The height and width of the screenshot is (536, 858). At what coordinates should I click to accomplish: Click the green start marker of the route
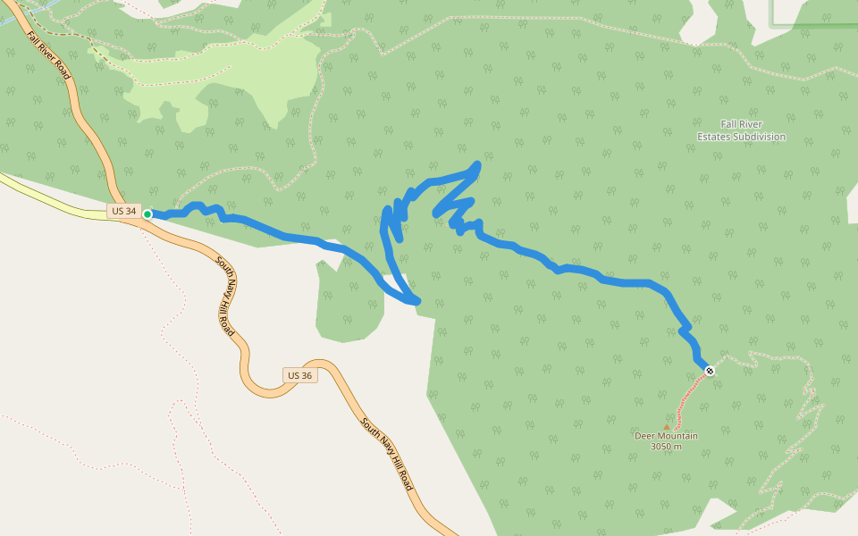pos(147,214)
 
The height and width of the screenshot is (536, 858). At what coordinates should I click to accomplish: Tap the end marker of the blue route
pos(710,370)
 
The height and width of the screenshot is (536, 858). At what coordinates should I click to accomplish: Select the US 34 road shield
pos(124,212)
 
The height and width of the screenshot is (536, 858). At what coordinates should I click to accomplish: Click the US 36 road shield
pos(300,375)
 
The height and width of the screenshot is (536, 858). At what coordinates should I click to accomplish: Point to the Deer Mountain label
pos(666,436)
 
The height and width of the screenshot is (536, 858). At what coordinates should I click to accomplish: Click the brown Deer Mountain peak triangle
pos(666,427)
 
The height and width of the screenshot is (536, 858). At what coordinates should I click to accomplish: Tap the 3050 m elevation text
pos(666,447)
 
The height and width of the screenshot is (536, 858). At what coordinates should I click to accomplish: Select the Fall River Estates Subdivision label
pos(741,130)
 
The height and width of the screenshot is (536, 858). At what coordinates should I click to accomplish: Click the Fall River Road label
pos(48,56)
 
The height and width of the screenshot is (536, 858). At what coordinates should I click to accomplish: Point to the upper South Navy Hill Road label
pos(226,296)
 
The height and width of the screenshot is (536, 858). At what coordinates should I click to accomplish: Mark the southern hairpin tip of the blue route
pos(416,302)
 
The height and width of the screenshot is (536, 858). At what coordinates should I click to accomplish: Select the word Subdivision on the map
pos(758,137)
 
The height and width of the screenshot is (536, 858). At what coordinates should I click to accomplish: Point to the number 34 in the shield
pos(130,212)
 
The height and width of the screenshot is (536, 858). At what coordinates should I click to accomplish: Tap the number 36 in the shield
pos(306,375)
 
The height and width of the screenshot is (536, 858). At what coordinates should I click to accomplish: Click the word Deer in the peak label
pos(644,436)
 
